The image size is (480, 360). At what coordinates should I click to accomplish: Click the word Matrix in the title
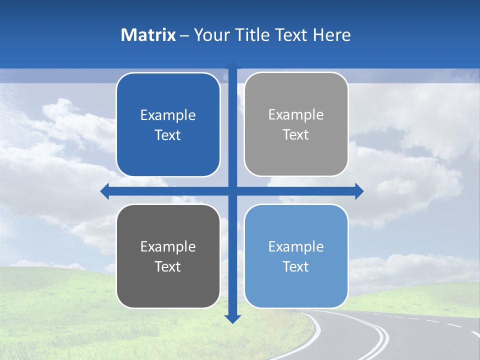pos(148,35)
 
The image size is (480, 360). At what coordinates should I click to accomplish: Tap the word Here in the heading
pos(331,35)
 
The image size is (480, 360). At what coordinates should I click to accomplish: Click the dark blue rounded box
pos(168,124)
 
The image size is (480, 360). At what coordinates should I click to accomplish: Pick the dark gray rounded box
pos(168,256)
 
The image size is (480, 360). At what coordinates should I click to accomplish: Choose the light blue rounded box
pos(296,256)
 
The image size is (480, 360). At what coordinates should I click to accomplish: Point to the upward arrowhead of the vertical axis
pos(232,65)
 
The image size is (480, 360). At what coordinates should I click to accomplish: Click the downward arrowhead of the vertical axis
pos(232,318)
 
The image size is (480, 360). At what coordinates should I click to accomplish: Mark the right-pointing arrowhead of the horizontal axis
pos(359,191)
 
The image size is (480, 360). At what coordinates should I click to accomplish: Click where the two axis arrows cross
pos(232,191)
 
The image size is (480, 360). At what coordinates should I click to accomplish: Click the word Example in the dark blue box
pos(168,115)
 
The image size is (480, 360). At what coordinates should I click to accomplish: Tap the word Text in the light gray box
pos(296,135)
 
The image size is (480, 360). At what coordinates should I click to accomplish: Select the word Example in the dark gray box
pos(168,246)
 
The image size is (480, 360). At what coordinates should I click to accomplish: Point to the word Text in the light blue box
pos(296,266)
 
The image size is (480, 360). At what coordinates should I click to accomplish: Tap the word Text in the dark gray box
pos(168,266)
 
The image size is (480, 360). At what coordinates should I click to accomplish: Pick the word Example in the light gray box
pos(296,115)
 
